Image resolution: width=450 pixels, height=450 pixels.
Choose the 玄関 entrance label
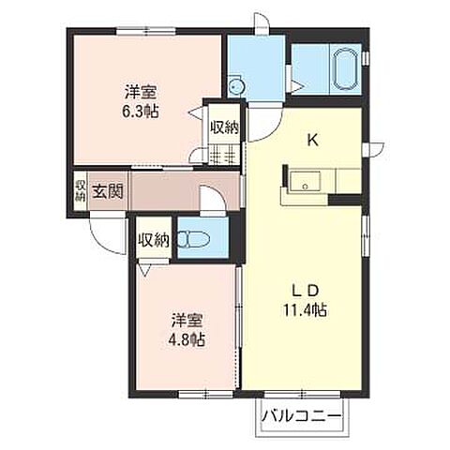point(107,192)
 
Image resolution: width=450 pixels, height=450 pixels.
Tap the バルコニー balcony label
point(301,412)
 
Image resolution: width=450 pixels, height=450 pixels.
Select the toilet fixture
point(194,238)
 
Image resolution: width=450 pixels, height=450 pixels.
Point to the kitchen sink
point(303,182)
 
